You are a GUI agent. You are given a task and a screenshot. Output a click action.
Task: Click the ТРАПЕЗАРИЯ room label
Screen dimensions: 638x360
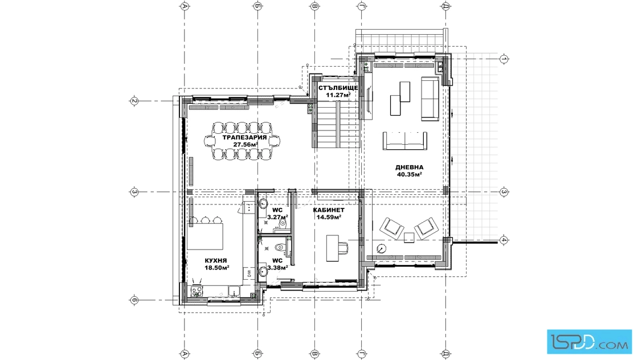pos(244,137)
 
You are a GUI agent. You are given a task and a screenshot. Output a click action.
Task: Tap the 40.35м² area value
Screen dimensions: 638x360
pos(410,174)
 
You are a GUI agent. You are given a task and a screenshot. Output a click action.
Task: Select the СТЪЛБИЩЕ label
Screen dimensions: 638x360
pos(338,88)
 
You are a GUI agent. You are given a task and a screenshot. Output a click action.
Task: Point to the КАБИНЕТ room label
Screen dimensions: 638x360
pos(329,210)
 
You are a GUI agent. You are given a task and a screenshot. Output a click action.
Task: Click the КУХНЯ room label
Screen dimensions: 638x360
pos(216,261)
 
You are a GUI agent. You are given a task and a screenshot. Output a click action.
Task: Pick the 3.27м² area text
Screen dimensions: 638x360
pos(277,217)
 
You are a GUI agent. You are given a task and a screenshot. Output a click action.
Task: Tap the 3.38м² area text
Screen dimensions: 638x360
pos(277,268)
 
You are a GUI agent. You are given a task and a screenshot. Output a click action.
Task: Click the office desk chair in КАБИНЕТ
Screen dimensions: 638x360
pos(342,248)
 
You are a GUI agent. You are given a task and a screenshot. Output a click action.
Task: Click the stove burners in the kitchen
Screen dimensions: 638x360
pos(197,291)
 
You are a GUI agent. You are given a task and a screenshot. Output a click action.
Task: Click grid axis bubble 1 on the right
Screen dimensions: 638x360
pos(504,59)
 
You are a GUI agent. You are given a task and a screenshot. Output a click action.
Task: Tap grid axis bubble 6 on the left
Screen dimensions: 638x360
pos(134,301)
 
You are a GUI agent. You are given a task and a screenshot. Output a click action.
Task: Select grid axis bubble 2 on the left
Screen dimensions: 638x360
pos(134,101)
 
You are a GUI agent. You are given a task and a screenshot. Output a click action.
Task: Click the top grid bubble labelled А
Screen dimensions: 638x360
pos(185,6)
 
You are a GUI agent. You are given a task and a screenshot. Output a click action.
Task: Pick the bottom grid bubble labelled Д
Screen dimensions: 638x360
pos(446,354)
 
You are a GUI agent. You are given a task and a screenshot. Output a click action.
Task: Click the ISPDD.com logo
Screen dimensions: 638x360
pos(589,342)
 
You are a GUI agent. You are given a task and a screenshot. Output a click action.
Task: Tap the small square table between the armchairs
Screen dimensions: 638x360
pos(410,237)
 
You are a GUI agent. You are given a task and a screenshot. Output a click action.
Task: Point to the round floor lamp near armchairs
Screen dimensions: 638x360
pos(381,248)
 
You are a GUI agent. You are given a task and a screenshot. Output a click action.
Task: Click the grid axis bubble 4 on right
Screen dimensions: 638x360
pos(504,240)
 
